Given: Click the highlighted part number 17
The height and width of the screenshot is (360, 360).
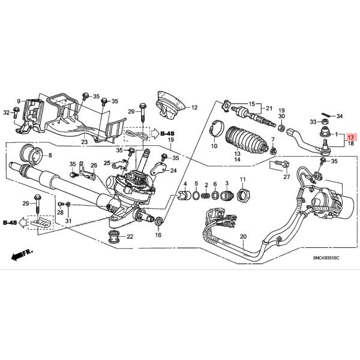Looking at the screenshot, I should point(351,137).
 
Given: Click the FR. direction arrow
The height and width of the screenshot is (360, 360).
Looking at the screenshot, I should point(22,254).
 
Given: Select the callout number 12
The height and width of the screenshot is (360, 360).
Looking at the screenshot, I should point(194,108).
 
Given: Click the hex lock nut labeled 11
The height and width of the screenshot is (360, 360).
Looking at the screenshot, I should point(243,194).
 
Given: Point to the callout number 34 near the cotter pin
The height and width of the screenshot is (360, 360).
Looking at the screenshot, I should point(340,116).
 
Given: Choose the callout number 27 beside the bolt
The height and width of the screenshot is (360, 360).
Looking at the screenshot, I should point(286,176).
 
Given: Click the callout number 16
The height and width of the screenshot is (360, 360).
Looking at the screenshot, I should point(158,235).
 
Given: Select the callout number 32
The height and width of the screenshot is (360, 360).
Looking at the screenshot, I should point(7,112).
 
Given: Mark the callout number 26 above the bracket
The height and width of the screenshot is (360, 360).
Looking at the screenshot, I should point(94,165).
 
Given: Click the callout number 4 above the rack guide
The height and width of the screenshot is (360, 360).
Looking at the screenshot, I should point(186,184).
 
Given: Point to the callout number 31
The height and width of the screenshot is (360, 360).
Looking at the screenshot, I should point(67,221).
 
